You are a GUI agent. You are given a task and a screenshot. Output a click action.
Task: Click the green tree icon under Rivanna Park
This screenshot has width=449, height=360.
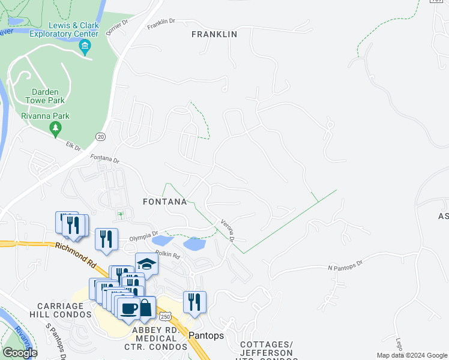pyautogui.click(x=55, y=127)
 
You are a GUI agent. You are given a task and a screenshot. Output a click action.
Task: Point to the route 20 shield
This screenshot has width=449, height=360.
pyautogui.click(x=101, y=136)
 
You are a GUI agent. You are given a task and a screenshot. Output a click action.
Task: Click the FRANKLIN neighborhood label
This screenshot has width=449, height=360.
pyautogui.click(x=214, y=35)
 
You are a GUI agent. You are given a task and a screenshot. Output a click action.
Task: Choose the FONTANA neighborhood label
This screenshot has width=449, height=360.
pyautogui.click(x=164, y=202)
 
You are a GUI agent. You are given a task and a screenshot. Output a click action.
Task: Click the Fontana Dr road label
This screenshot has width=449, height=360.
pyautogui.click(x=105, y=160)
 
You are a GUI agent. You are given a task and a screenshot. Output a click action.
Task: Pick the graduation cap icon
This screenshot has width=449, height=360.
pyautogui.click(x=146, y=263)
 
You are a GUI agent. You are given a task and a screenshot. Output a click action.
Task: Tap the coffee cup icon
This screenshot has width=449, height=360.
pyautogui.click(x=129, y=308)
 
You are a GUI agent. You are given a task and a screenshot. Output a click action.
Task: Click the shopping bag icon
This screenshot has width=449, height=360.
pyautogui.click(x=145, y=307)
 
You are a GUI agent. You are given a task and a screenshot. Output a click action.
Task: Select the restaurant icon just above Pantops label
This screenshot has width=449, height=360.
pyautogui.click(x=194, y=302)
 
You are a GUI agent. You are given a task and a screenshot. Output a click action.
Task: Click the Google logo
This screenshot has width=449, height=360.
pyautogui.click(x=19, y=353)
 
